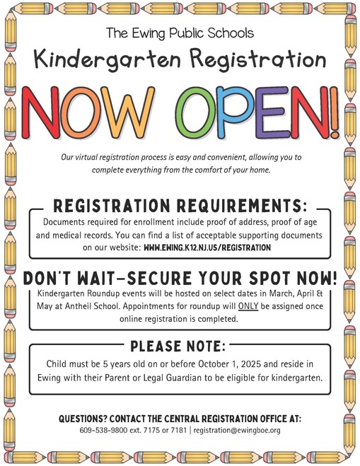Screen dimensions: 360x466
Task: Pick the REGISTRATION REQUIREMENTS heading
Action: (180, 206)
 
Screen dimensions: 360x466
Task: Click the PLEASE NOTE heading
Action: (180, 346)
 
